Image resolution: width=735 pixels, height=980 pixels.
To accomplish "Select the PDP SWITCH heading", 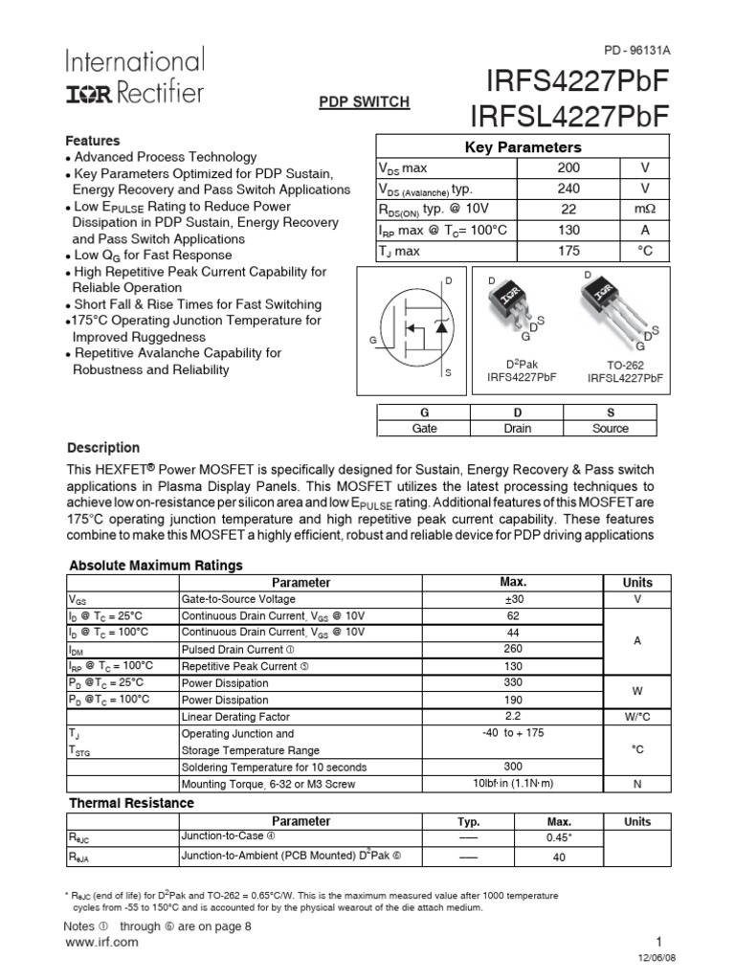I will pos(364,100).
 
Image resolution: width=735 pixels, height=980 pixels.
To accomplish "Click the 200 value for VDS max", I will pos(568,167).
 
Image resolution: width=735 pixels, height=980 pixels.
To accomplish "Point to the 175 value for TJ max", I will pos(568,251).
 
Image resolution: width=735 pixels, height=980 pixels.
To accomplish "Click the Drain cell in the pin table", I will pos(518,429).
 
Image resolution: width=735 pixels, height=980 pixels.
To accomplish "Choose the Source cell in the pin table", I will pos(611,429).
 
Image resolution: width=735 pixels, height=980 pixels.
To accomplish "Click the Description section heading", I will pos(103,448).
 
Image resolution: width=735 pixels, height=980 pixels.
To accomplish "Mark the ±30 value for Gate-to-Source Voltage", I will pos(513,598).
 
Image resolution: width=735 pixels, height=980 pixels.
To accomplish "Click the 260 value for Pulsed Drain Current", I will pos(513,649).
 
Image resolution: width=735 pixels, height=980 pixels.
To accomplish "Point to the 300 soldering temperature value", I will pos(513,767).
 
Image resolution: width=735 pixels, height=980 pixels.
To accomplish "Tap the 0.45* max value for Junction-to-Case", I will pos(559,838).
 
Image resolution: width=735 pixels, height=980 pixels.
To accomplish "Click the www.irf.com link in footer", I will pos(100,942).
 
